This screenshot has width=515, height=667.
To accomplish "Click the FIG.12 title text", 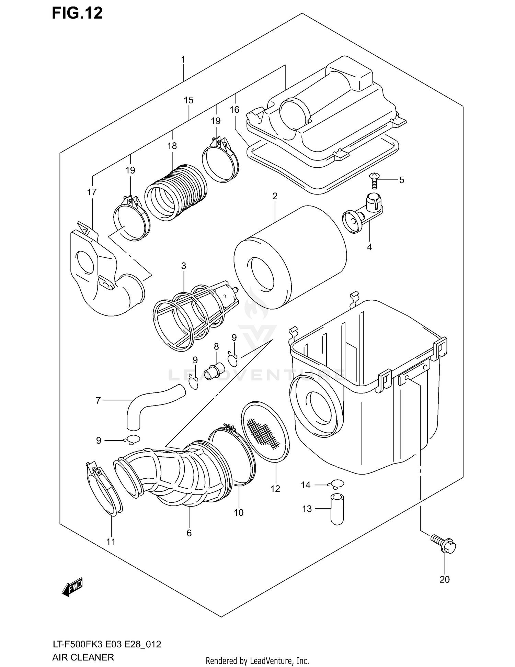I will point(77,13).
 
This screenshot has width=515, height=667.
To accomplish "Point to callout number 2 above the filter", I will point(275,196).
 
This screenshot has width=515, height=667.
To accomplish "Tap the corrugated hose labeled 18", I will point(176,192).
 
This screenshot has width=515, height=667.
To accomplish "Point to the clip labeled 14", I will point(336,484).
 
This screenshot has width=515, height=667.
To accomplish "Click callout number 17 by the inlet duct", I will point(92,192).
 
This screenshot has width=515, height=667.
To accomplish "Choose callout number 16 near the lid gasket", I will point(234,110).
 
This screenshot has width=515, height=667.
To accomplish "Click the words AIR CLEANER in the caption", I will point(83,657).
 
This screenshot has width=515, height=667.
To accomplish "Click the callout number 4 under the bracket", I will point(369,247).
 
